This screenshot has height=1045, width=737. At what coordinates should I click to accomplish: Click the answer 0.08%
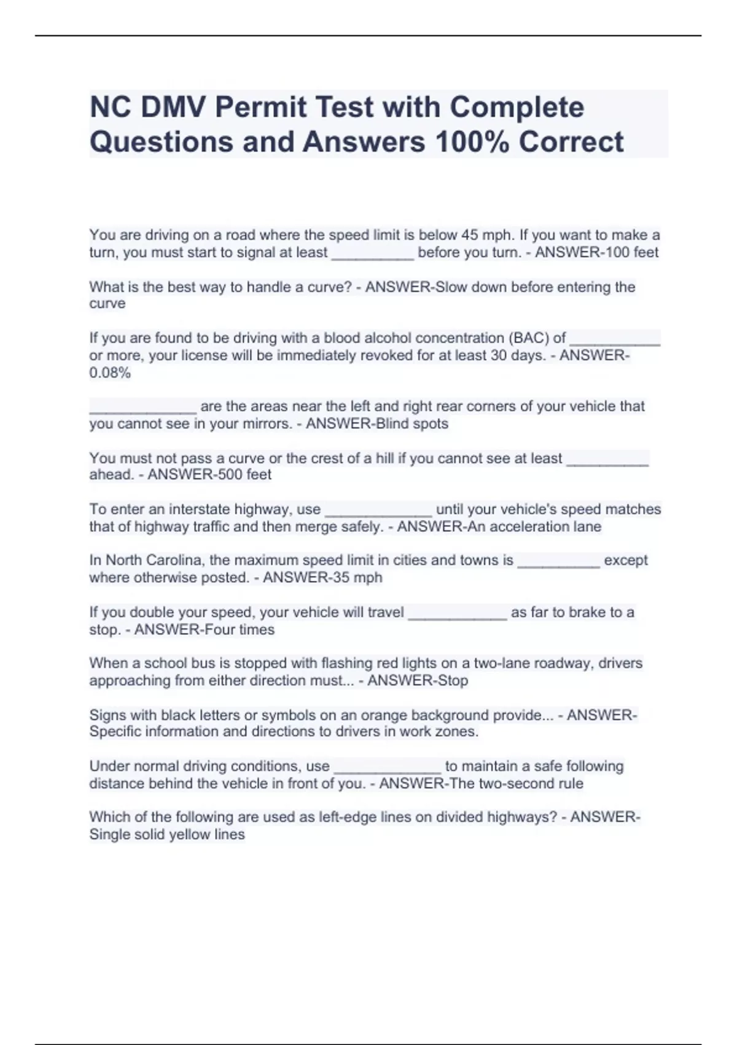pyautogui.click(x=110, y=373)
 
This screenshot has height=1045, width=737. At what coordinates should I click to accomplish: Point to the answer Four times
pyautogui.click(x=236, y=629)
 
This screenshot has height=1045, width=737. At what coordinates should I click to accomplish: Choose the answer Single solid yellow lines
pyautogui.click(x=167, y=835)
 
